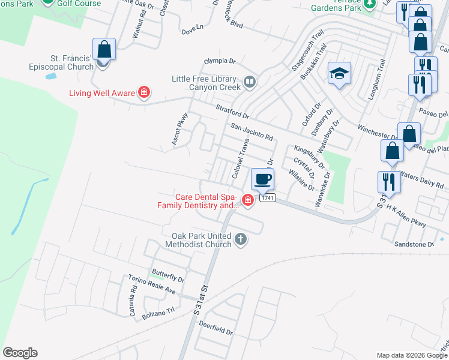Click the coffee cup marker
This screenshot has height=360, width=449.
click(262, 179)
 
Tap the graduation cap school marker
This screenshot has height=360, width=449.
click(339, 73)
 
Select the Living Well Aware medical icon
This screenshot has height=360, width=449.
click(144, 92)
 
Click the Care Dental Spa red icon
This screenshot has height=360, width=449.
click(247, 200)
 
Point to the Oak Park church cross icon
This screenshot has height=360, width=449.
click(240, 239)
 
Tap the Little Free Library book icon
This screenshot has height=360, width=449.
click(250, 81)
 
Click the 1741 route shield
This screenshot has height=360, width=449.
click(267, 198)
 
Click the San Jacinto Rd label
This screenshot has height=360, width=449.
click(252, 128)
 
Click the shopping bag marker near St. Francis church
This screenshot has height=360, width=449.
click(104, 49)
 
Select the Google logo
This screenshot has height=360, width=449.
click(20, 353)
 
